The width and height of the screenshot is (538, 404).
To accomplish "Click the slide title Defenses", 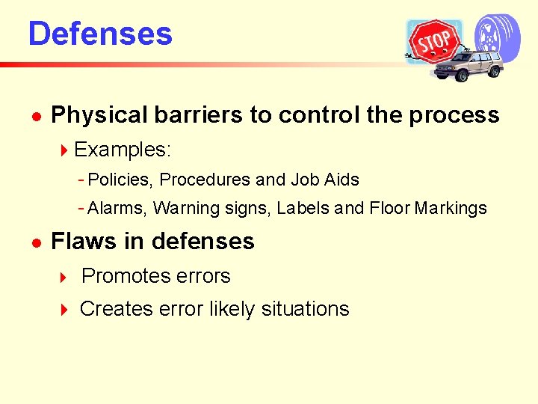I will [100, 34].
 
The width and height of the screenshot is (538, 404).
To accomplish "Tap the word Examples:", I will [123, 150].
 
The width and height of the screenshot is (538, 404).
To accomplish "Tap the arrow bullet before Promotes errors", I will [64, 277].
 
